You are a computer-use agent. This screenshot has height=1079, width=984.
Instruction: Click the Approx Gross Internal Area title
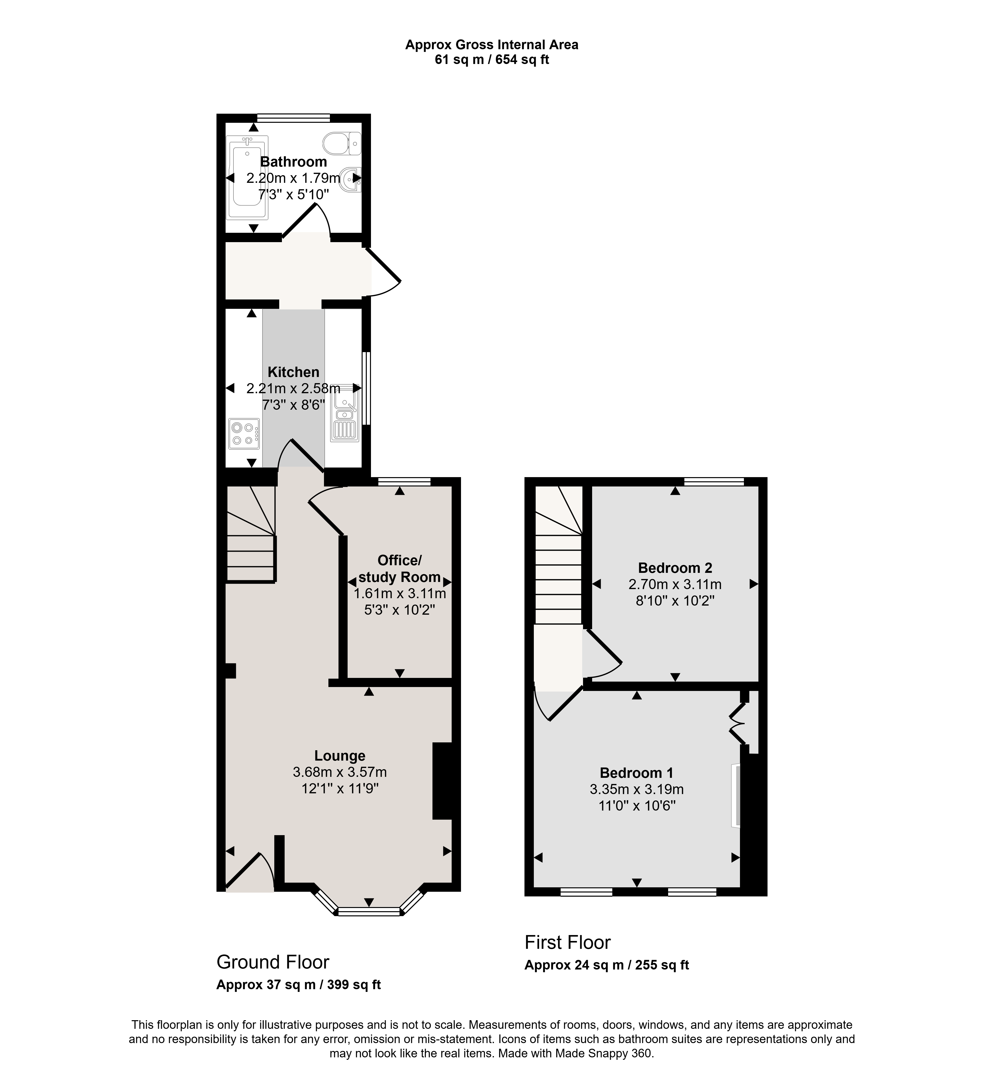492,45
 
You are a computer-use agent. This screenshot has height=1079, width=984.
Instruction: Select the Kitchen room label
293,372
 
